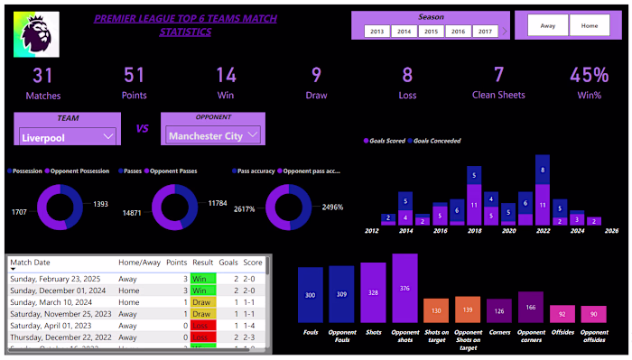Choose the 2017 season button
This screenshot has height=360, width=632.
(x=485, y=32)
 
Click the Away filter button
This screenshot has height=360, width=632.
(x=548, y=26)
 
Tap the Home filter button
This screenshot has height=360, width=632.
(x=590, y=26)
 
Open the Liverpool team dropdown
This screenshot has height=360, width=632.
(x=68, y=136)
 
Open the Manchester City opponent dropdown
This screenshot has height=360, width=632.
(x=214, y=135)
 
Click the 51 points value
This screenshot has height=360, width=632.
(x=135, y=76)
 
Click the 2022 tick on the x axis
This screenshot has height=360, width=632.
(x=542, y=231)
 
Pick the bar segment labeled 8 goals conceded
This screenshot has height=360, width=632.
(x=542, y=170)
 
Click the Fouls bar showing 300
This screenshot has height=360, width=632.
(x=311, y=295)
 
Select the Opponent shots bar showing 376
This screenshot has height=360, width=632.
(x=405, y=288)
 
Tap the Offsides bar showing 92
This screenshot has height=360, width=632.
(x=562, y=314)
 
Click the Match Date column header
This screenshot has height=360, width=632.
(x=32, y=263)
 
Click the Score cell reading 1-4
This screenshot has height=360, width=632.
(x=253, y=324)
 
